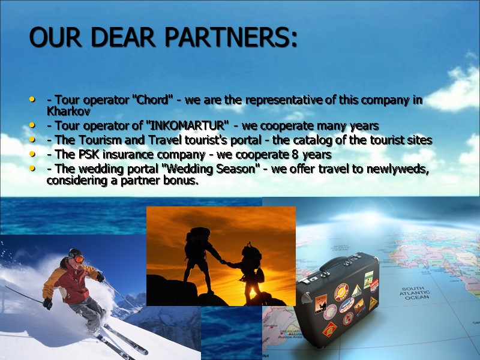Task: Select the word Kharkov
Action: point(64,112)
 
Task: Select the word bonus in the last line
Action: point(182,180)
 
